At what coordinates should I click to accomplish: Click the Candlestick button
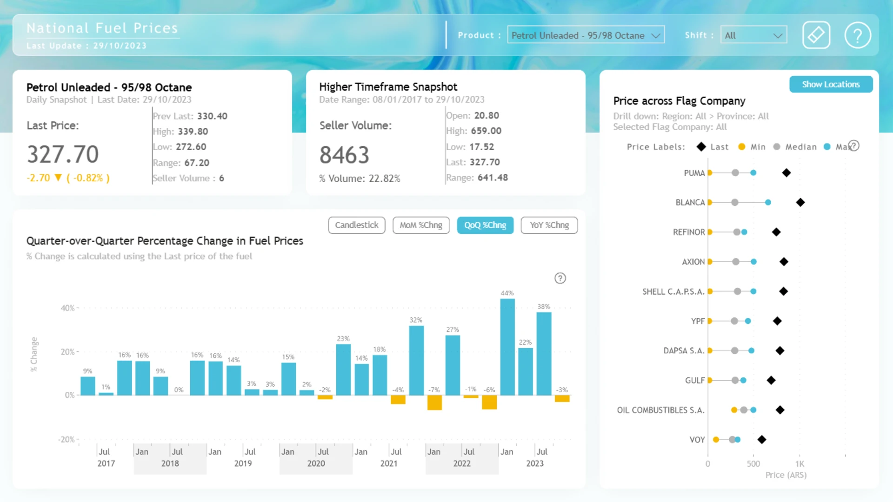(357, 225)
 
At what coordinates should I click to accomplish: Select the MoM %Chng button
(421, 225)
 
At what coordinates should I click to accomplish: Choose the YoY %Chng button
(549, 225)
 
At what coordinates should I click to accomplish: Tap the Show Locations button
(831, 84)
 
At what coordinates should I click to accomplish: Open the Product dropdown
(586, 35)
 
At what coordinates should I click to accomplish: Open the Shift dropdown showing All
(753, 35)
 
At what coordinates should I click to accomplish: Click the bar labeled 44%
(507, 347)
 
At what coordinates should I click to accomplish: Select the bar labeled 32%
(416, 360)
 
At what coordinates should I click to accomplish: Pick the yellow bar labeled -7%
(434, 403)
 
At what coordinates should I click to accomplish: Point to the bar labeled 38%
(544, 354)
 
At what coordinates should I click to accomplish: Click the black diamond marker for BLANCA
(800, 202)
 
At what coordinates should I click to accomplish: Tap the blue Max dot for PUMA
(753, 173)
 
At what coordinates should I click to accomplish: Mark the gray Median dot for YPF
(734, 321)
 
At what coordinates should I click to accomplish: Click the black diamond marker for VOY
(762, 440)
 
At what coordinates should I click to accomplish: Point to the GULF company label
(695, 381)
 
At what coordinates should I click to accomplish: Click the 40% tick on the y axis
(67, 308)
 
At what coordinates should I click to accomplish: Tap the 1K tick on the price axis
(800, 464)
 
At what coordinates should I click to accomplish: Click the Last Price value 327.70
(63, 154)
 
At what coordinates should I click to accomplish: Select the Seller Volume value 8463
(344, 155)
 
